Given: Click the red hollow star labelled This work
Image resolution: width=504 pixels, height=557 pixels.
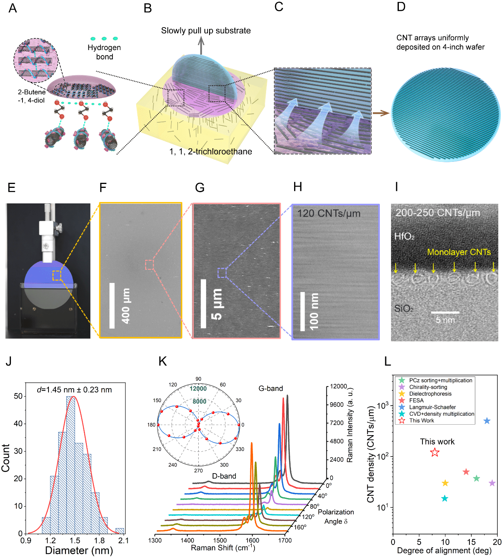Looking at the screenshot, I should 435,452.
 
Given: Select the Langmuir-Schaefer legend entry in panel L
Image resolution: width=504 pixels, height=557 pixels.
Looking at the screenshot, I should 432,407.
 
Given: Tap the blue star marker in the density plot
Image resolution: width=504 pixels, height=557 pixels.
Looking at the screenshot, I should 487,421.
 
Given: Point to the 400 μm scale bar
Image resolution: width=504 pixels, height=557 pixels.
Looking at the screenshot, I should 112,305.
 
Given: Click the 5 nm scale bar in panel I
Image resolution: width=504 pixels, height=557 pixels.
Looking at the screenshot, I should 445,312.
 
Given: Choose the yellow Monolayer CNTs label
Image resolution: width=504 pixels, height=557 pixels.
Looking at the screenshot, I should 459,252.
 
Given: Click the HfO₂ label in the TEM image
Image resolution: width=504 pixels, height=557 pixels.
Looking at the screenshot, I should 404,236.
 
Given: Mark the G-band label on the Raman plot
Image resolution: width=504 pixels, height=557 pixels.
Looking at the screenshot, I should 270,388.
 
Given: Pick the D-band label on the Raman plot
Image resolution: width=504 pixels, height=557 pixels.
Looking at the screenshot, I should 224,476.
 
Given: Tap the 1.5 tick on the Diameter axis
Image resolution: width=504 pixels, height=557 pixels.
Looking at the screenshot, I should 75,540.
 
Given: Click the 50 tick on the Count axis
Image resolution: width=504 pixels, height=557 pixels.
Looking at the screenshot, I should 18,396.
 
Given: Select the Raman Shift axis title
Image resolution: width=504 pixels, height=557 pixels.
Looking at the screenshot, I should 223,548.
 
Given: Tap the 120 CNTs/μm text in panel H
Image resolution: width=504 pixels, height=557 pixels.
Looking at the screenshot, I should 329,213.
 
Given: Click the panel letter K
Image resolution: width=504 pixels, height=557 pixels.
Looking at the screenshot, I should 163,361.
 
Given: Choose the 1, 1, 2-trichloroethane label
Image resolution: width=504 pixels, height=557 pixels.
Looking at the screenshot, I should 211,151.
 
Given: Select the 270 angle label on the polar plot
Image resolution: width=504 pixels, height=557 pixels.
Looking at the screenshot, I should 198,470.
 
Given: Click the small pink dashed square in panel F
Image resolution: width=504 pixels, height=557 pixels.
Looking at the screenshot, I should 149,265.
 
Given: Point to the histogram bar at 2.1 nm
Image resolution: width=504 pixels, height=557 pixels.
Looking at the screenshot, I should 120,531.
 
